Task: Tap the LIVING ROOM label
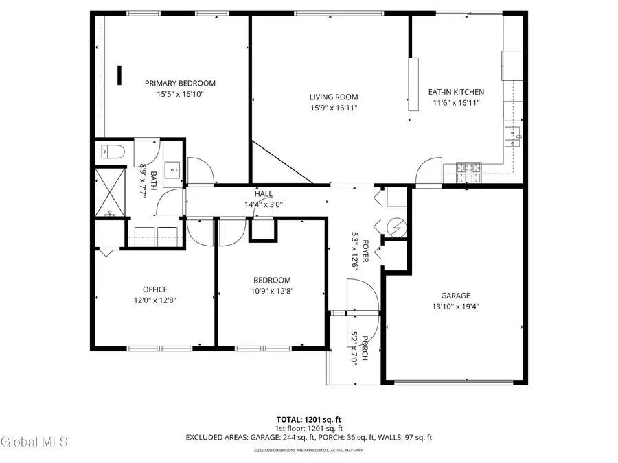click(333, 97)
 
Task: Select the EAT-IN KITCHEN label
click(456, 92)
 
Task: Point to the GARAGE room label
click(455, 296)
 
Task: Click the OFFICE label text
click(154, 289)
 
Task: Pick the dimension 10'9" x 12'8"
click(272, 290)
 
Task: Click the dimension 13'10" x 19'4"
click(455, 307)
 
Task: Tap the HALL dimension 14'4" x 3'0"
click(264, 204)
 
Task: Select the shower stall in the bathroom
click(110, 192)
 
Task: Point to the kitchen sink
click(512, 134)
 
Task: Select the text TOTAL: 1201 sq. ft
click(308, 418)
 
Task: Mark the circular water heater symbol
click(396, 226)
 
